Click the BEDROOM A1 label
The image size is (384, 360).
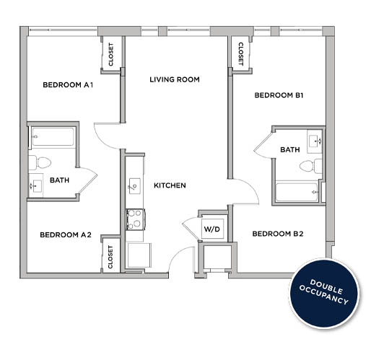point(69,84)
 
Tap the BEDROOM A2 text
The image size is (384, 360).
point(66,234)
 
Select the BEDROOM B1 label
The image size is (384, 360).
point(278,95)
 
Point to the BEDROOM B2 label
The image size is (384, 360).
point(277,234)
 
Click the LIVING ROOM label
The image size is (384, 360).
point(174,79)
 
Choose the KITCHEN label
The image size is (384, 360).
point(170,185)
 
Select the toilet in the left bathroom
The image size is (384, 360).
point(40,161)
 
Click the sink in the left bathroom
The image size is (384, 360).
point(37,186)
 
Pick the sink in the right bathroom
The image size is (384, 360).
point(315,140)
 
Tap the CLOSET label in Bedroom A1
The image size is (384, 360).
point(111,56)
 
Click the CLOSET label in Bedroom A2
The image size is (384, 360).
point(111,257)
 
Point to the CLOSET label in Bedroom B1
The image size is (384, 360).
point(239,53)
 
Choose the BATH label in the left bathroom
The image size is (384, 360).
point(58,179)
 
